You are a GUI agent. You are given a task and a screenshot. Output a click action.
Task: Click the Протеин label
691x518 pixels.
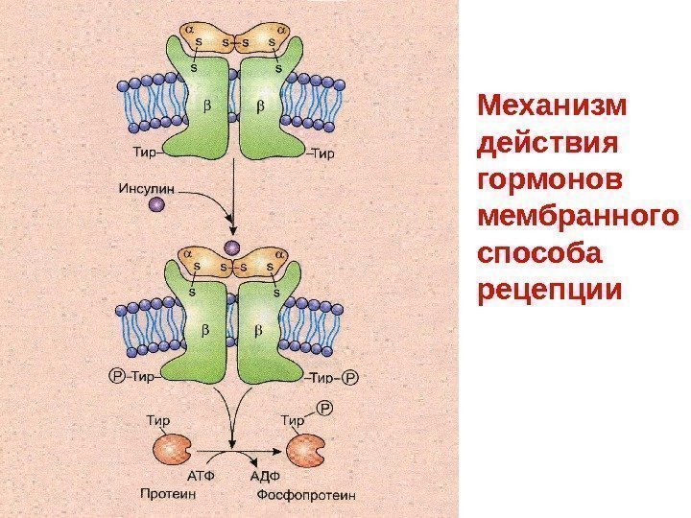(167, 495)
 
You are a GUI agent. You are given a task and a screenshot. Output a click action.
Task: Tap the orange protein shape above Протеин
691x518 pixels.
(173, 448)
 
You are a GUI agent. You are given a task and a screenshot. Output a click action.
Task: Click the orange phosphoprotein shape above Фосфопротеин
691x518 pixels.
(305, 449)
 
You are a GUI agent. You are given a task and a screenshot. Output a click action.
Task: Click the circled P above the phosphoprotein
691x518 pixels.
(323, 410)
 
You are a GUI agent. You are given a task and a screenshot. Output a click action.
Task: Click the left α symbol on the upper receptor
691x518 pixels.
(189, 31)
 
